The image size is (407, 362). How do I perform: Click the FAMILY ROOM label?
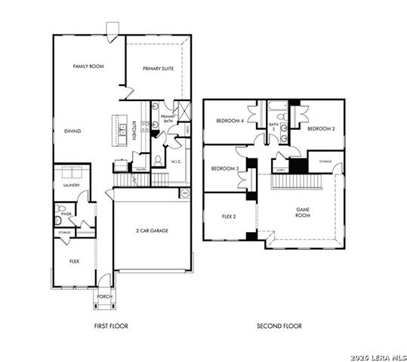88,67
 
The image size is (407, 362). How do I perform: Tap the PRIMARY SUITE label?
159,69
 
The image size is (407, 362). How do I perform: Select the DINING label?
72,131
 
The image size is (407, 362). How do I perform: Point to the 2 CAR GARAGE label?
151,230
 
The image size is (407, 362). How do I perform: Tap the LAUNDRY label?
71,184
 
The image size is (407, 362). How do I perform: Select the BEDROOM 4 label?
228,121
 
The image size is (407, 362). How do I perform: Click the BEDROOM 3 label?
224,168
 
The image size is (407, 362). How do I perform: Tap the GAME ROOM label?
302,212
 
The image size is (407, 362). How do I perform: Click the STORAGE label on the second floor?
325,161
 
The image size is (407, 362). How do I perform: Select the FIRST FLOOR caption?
110,327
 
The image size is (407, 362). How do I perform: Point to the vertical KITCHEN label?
134,130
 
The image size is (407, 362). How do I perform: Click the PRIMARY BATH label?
168,118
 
